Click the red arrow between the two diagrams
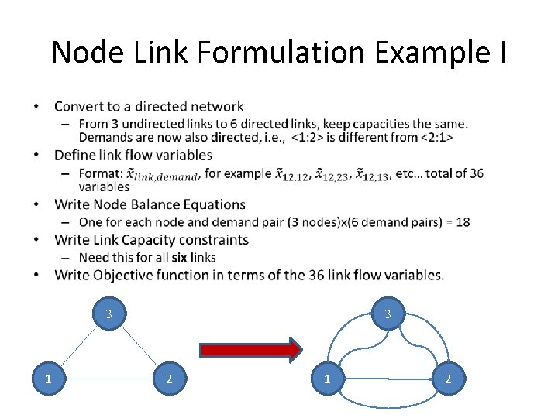click(x=250, y=349)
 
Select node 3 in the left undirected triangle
click(x=109, y=314)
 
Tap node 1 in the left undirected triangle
click(x=48, y=379)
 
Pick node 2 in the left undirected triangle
click(x=169, y=379)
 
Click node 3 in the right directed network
click(x=387, y=314)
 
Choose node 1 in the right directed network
click(x=326, y=379)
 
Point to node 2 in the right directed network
click(x=447, y=379)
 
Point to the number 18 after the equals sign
click(x=463, y=222)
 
